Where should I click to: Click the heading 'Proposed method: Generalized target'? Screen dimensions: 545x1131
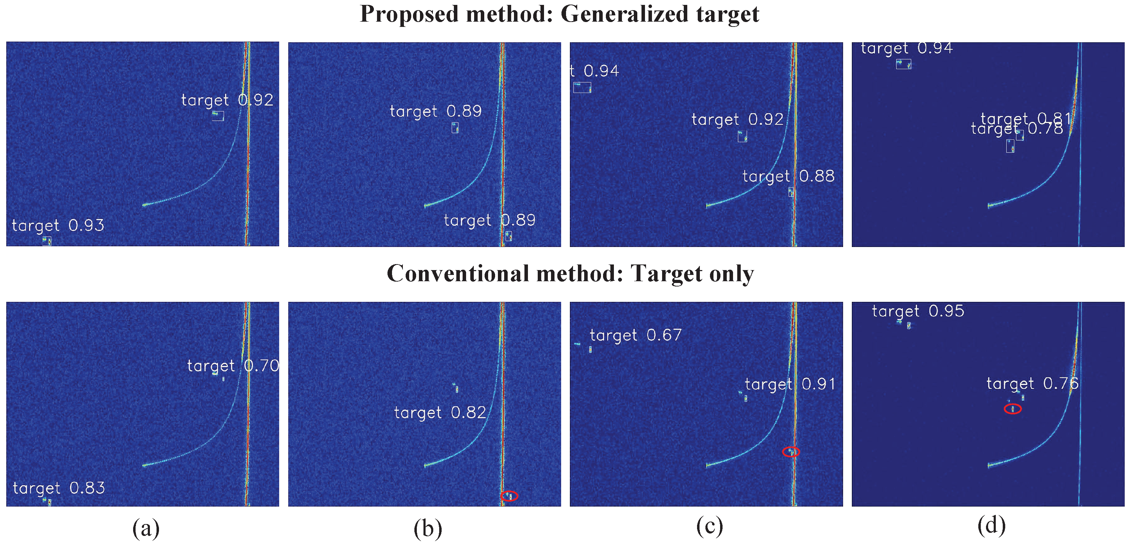(x=559, y=14)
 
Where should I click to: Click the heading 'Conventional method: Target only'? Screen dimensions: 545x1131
(x=570, y=274)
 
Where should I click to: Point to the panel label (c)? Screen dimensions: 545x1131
(x=710, y=526)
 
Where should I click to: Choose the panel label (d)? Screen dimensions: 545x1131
(x=991, y=526)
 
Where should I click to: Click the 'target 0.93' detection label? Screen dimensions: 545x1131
(x=58, y=226)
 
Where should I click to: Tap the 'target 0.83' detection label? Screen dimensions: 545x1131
(x=59, y=488)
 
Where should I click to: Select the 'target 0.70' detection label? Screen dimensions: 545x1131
(x=233, y=366)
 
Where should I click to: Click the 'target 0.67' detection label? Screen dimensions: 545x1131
(x=635, y=335)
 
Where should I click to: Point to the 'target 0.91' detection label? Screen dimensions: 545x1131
(x=790, y=384)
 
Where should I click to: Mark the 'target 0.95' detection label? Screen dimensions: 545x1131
(x=918, y=311)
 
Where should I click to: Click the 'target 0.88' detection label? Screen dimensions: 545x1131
(x=788, y=176)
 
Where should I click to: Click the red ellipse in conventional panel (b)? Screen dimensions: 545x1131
(x=509, y=496)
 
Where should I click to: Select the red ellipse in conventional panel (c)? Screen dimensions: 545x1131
(x=791, y=451)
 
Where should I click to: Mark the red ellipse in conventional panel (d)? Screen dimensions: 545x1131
(x=1013, y=409)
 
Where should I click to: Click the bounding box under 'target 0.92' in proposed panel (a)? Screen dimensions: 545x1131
(x=218, y=116)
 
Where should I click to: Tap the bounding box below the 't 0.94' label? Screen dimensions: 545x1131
(x=582, y=87)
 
